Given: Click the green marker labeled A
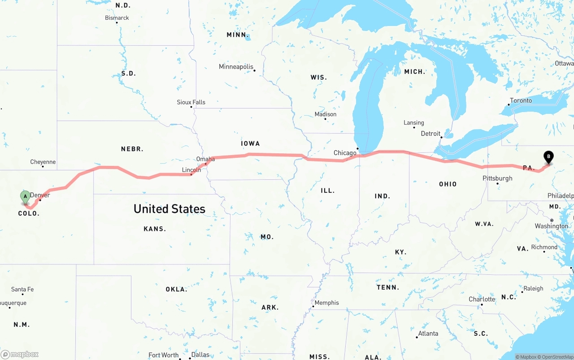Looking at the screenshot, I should (25, 196).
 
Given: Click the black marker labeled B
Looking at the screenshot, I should (548, 157).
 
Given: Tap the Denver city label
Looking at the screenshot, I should (40, 195).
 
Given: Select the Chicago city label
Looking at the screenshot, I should (345, 153).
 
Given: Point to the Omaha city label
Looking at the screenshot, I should (205, 159).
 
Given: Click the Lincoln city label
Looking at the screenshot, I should (191, 170).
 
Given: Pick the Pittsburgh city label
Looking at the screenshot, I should (497, 178).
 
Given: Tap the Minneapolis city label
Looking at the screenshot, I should (236, 67).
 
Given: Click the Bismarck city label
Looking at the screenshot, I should (117, 18).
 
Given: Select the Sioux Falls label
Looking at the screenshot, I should (191, 102).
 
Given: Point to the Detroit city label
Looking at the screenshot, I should (430, 134).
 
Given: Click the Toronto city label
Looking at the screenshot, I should (521, 100).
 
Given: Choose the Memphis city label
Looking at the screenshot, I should (327, 303).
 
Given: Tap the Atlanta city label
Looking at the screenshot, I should (428, 333).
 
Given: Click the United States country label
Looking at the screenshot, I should (170, 208).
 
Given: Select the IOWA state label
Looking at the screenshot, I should (250, 143).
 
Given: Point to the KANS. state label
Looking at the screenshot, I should (155, 229).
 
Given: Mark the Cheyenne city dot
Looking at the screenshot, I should (43, 166).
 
